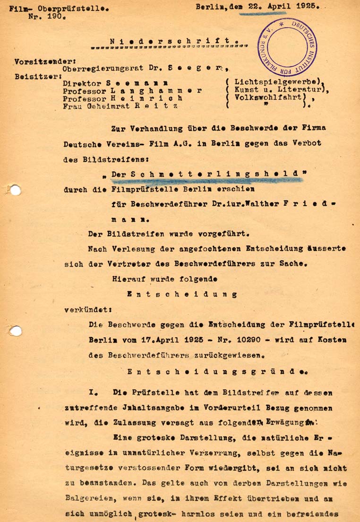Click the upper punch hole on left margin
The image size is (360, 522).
[15, 190]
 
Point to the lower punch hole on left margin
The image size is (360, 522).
[15, 331]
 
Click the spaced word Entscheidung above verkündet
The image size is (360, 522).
[182, 294]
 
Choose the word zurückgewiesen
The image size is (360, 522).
[224, 353]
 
